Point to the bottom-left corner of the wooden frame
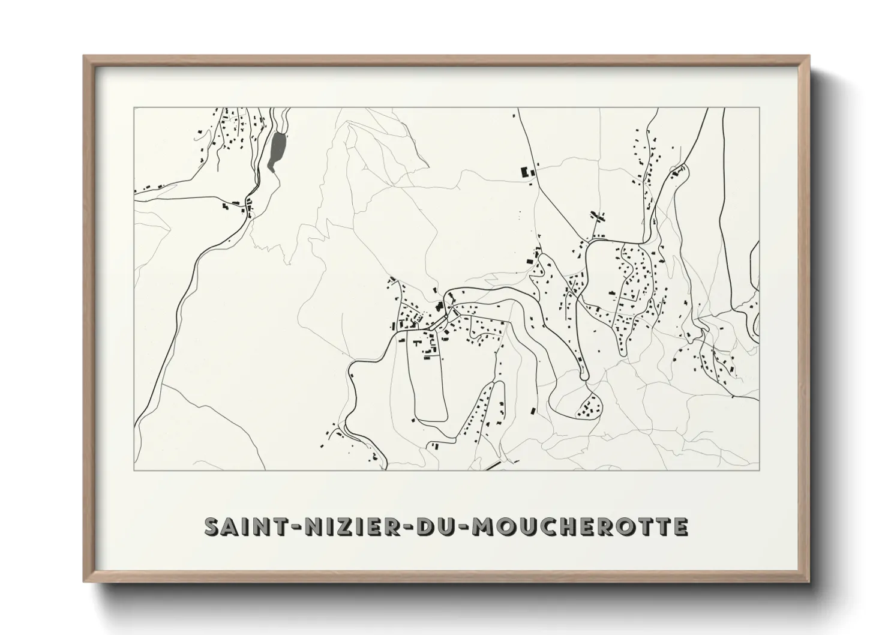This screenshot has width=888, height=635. coord(85,582)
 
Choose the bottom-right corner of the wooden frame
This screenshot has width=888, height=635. coord(808,582)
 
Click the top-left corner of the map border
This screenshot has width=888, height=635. coord(134,108)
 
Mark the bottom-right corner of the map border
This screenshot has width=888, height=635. coord(759,470)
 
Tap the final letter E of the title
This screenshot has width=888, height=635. coord(680,526)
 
